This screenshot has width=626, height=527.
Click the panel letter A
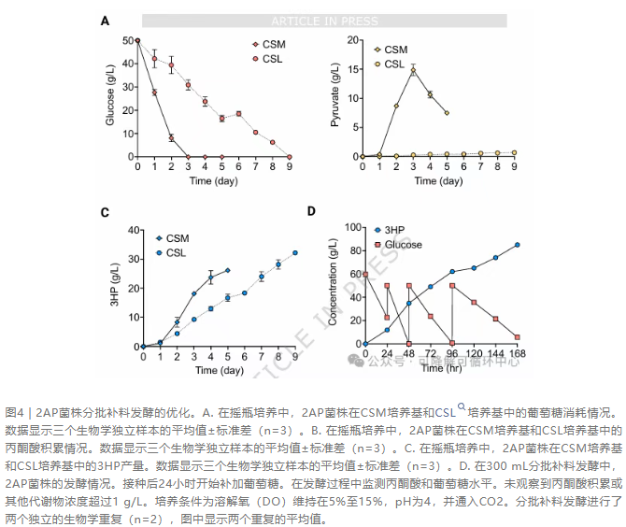pos(106,21)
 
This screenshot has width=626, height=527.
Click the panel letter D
pos(311,210)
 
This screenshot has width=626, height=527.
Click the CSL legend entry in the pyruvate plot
pos(393,64)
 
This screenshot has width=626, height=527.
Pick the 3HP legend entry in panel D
pos(391,230)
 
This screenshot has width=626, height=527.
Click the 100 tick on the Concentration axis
pos(352,226)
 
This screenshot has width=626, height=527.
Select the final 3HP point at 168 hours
pos(517,245)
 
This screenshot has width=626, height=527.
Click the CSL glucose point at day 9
pos(290,156)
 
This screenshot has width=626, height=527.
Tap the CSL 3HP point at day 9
pos(295,252)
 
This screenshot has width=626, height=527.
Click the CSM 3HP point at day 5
pos(227,270)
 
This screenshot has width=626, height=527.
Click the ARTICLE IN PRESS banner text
pos(324,21)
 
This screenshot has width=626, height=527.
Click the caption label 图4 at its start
pos(14,412)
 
